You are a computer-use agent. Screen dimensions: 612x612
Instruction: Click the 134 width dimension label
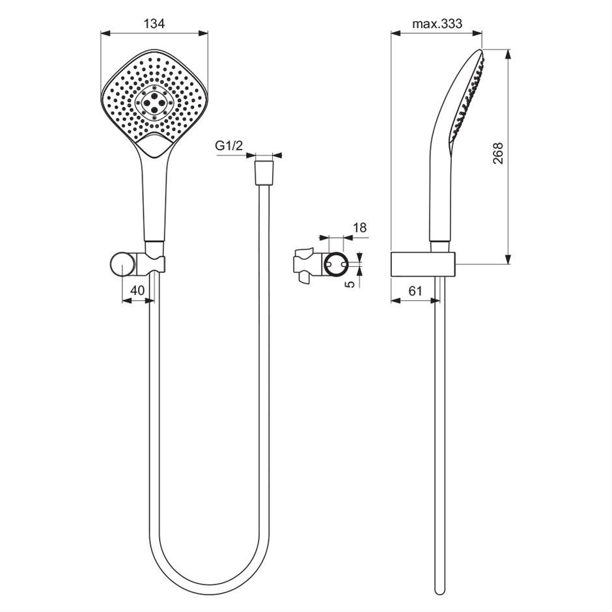point(154,24)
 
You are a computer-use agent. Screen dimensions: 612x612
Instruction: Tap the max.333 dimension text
point(437,24)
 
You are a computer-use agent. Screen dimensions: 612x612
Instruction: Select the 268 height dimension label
point(498,154)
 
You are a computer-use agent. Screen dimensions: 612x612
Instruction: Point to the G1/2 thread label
point(229,146)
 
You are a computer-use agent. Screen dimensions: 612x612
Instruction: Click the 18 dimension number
point(359,228)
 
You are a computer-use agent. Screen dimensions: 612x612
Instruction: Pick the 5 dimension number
point(351,284)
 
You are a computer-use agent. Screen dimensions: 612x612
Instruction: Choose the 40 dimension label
point(137,290)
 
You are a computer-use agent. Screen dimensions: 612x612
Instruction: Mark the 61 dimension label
point(415,290)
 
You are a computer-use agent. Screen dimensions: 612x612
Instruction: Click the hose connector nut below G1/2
point(264,172)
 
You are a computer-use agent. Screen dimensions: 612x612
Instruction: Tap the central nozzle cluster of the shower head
point(154,103)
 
